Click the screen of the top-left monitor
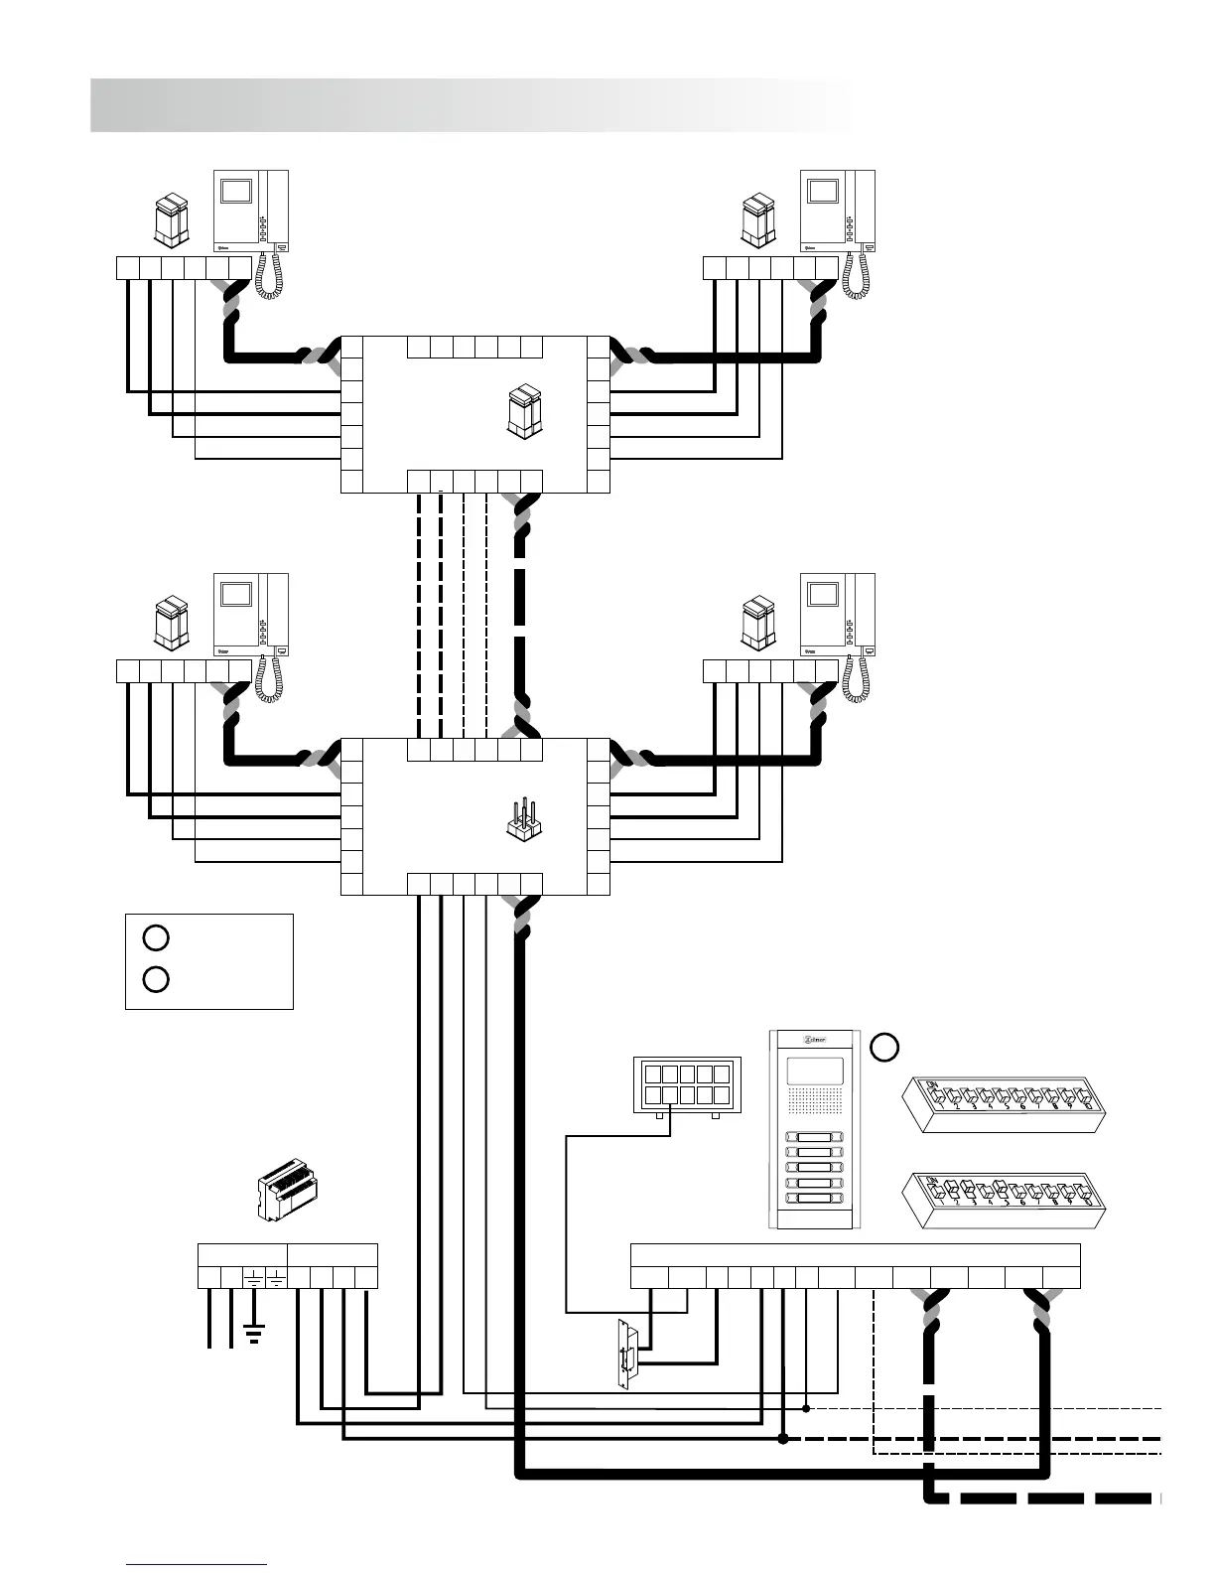(x=237, y=191)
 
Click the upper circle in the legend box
(x=155, y=936)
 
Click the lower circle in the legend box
(x=155, y=979)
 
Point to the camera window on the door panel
(x=814, y=1071)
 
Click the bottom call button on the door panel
(x=814, y=1199)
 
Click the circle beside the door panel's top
(x=884, y=1046)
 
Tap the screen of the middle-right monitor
(x=823, y=594)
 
